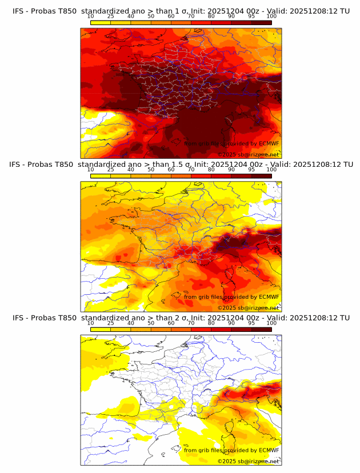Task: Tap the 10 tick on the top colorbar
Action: [90, 16]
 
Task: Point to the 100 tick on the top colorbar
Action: [271, 16]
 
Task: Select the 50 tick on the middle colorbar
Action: [151, 170]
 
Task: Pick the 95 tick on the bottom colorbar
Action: [251, 323]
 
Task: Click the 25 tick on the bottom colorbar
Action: [110, 323]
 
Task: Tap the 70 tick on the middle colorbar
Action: [191, 170]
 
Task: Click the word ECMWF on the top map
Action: [269, 143]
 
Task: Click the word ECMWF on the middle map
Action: [269, 296]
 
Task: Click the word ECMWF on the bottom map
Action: [269, 450]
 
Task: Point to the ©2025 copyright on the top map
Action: [227, 154]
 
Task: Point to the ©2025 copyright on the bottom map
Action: [227, 461]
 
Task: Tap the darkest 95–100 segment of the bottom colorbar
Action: [262, 329]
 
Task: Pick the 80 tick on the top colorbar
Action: [211, 16]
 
